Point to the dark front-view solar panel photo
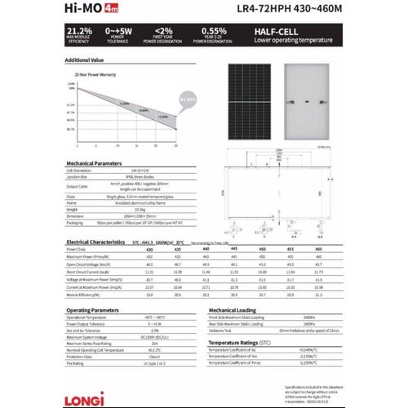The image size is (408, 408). click(254, 106)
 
